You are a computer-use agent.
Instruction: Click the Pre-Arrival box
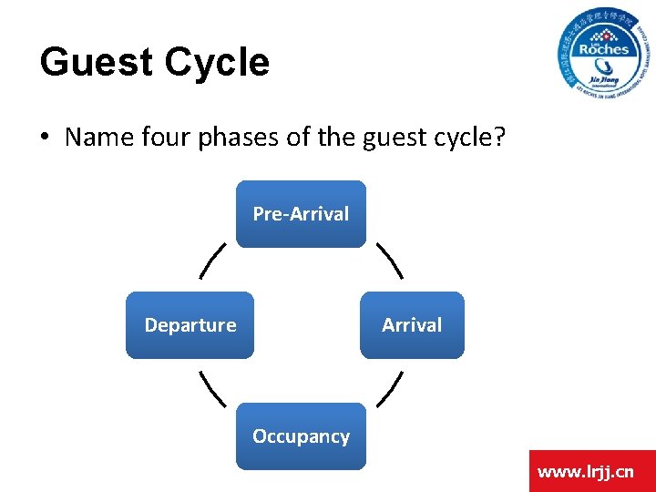pyautogui.click(x=301, y=214)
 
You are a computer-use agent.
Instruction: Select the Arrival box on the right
pyautogui.click(x=412, y=325)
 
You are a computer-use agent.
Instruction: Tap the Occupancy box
pyautogui.click(x=301, y=436)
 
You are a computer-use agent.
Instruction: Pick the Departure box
pyautogui.click(x=190, y=325)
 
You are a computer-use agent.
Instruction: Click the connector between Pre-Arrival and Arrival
pyautogui.click(x=389, y=260)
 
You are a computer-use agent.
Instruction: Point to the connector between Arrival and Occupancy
pyautogui.click(x=389, y=388)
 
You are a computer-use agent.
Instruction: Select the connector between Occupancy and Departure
pyautogui.click(x=213, y=388)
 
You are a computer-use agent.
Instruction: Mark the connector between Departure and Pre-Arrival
pyautogui.click(x=213, y=260)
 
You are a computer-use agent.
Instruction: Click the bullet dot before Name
pyautogui.click(x=45, y=138)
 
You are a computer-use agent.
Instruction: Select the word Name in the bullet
pyautogui.click(x=95, y=138)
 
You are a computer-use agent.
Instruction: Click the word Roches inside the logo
pyautogui.click(x=603, y=48)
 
